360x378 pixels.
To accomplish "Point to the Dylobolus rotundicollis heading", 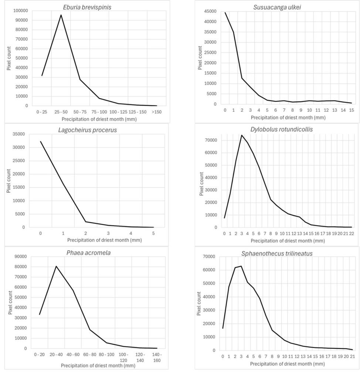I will [277, 129].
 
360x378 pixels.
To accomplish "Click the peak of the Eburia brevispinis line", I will [61, 15].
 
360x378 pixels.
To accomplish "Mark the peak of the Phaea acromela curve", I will [56, 266].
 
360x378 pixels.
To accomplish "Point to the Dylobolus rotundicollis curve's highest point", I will [241, 135].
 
